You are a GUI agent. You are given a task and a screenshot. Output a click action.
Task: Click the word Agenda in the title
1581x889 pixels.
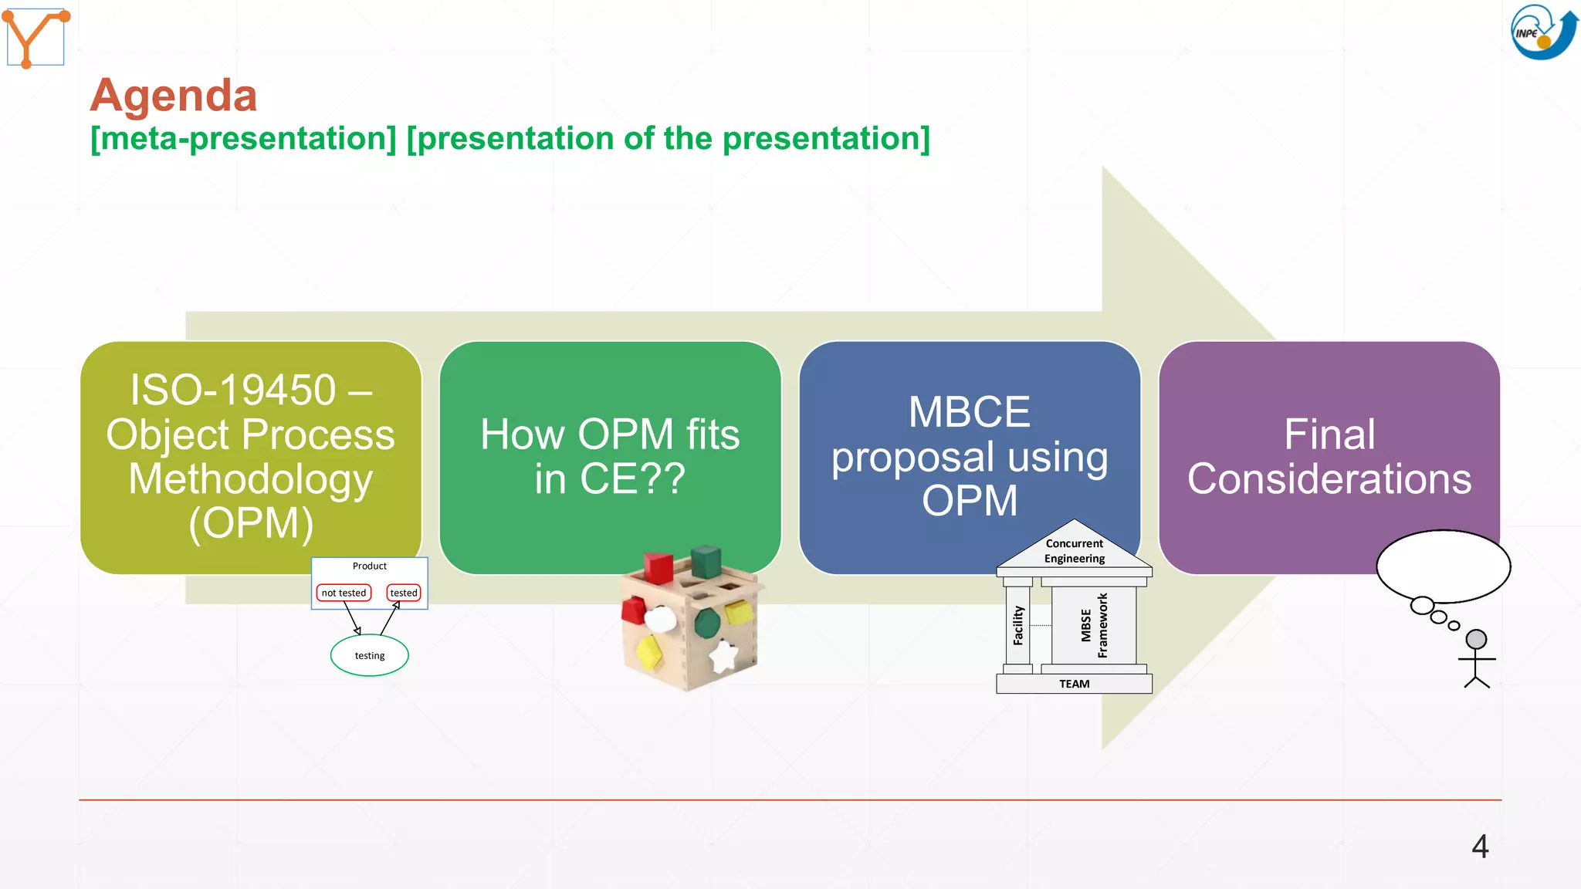click(x=174, y=96)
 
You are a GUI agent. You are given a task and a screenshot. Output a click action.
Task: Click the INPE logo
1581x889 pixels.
click(x=1542, y=32)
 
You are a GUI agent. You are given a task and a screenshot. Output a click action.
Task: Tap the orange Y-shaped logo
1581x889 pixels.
click(x=36, y=37)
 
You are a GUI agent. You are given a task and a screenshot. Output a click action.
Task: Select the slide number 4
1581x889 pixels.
click(x=1479, y=847)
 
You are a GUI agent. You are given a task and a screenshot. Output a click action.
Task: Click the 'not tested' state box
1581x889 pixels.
click(x=344, y=593)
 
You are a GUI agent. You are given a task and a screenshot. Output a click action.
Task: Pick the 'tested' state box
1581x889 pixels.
click(x=404, y=593)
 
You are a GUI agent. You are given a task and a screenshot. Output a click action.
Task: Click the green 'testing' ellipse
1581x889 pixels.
click(x=369, y=655)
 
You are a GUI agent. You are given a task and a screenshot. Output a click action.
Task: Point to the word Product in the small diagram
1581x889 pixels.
click(x=369, y=566)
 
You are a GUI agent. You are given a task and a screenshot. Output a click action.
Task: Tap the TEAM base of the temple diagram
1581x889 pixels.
click(x=1074, y=684)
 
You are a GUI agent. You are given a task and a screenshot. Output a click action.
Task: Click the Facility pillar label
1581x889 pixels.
click(x=1018, y=625)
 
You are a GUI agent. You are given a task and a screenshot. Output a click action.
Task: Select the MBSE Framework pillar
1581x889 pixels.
click(x=1093, y=625)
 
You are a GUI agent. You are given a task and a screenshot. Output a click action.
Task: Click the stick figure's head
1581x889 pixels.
click(x=1476, y=639)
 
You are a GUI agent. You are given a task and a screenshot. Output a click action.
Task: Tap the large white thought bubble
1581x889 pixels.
click(x=1443, y=566)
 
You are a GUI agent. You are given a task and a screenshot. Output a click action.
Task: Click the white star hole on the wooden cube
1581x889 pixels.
click(x=723, y=656)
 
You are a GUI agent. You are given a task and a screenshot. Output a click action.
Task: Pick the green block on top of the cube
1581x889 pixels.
click(x=706, y=562)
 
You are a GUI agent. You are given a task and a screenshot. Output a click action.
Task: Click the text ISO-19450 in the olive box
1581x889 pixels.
click(x=233, y=390)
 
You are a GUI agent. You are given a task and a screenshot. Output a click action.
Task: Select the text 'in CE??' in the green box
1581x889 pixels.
click(x=610, y=478)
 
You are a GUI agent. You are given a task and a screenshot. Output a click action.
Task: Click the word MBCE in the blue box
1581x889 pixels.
click(x=969, y=412)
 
